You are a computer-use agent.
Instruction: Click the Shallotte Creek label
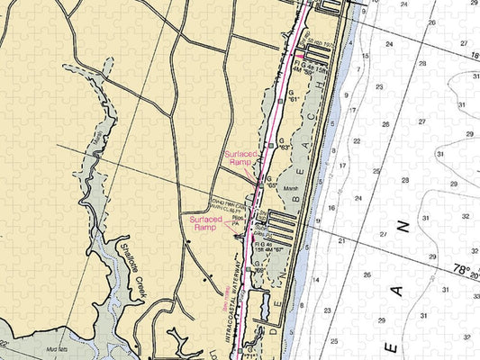coord(130,268)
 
